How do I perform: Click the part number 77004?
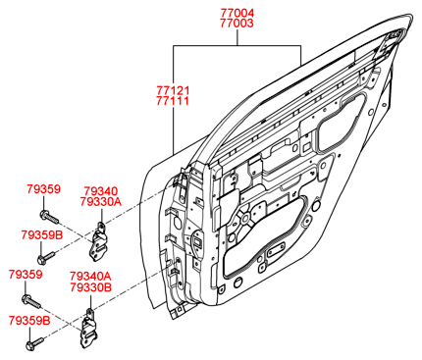237,14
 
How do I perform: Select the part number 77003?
237,24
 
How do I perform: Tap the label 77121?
173,90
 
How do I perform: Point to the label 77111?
173,101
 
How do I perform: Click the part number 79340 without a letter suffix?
101,191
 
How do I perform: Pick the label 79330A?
101,202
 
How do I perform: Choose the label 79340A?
90,277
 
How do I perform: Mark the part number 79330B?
90,287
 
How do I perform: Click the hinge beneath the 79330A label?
99,243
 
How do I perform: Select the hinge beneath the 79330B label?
89,330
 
